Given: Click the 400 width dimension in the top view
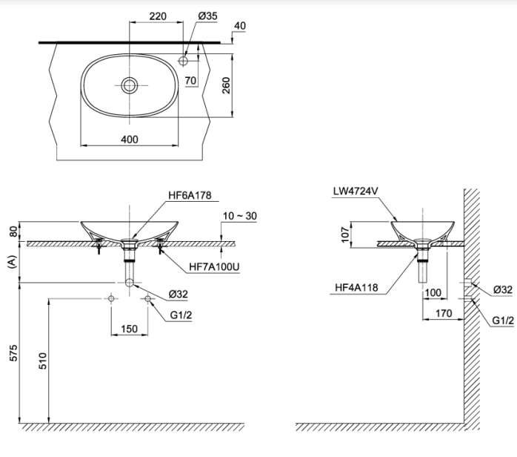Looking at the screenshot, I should point(130,139).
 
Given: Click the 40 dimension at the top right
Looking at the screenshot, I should point(239,26).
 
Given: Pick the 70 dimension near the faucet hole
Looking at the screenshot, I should point(190,79).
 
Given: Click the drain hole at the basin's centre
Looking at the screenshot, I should point(130,85).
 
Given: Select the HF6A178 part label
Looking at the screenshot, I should point(190,196).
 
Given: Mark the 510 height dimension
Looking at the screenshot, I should point(42,361).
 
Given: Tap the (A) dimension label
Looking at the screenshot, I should point(10,262).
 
